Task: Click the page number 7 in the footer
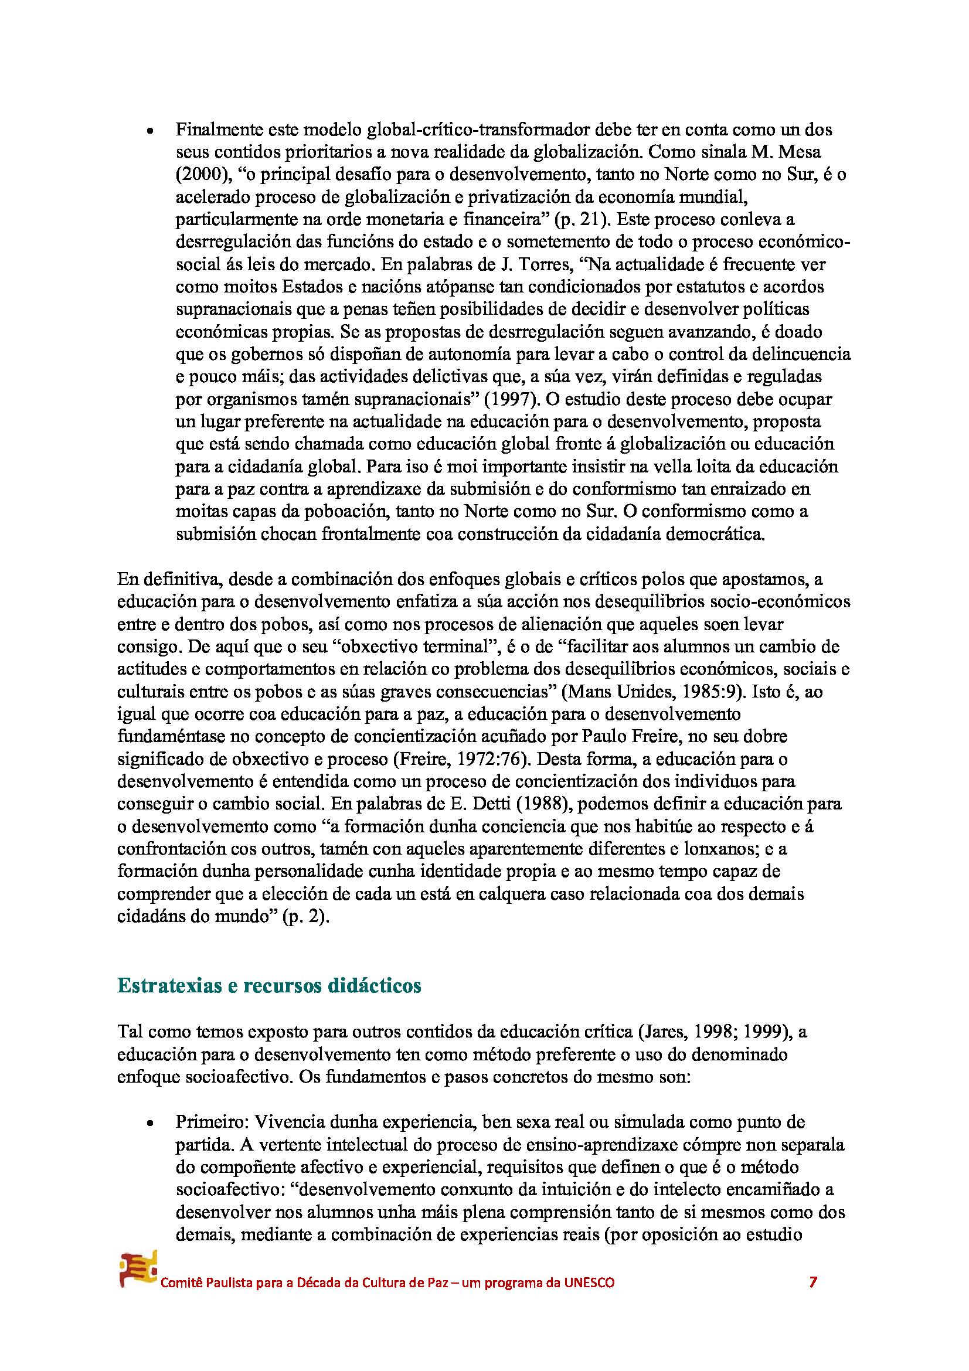pyautogui.click(x=812, y=1282)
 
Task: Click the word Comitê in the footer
pyautogui.click(x=182, y=1282)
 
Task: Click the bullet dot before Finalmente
pyautogui.click(x=151, y=131)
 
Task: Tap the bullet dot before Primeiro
pyautogui.click(x=151, y=1123)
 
